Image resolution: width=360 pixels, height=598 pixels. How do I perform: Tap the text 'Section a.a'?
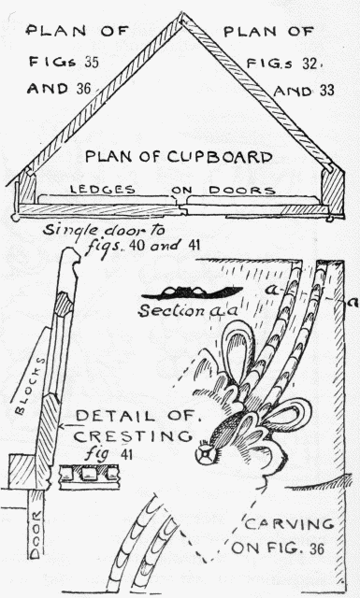(178, 310)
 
